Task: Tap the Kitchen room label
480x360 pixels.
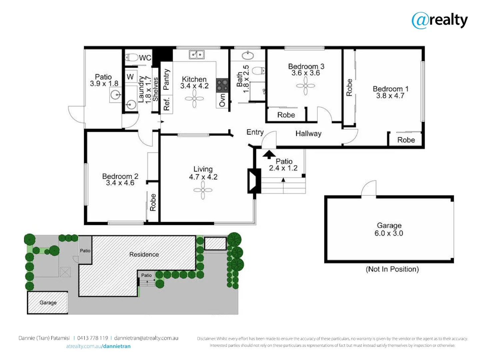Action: [x=194, y=79]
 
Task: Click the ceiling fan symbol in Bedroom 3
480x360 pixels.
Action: [x=305, y=86]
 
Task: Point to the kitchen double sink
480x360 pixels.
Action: [x=197, y=54]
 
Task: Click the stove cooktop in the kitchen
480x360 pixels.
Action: [x=222, y=85]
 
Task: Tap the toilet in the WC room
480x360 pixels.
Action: [x=132, y=58]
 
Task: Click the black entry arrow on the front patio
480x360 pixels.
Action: [x=269, y=154]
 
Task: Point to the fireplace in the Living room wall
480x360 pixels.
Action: [x=254, y=181]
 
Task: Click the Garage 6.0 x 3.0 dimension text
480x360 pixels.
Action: [x=389, y=233]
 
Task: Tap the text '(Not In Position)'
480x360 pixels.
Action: [x=392, y=269]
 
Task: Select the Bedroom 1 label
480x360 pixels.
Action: [x=390, y=89]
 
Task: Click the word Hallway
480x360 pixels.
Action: [x=308, y=134]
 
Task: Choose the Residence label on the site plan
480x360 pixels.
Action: [x=144, y=254]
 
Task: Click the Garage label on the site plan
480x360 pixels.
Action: [x=48, y=303]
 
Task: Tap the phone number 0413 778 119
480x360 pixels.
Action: [x=93, y=338]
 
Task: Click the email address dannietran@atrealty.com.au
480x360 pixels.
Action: [x=146, y=338]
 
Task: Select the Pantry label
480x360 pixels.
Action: [x=166, y=79]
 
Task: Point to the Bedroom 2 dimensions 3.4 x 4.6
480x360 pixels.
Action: [x=120, y=183]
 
